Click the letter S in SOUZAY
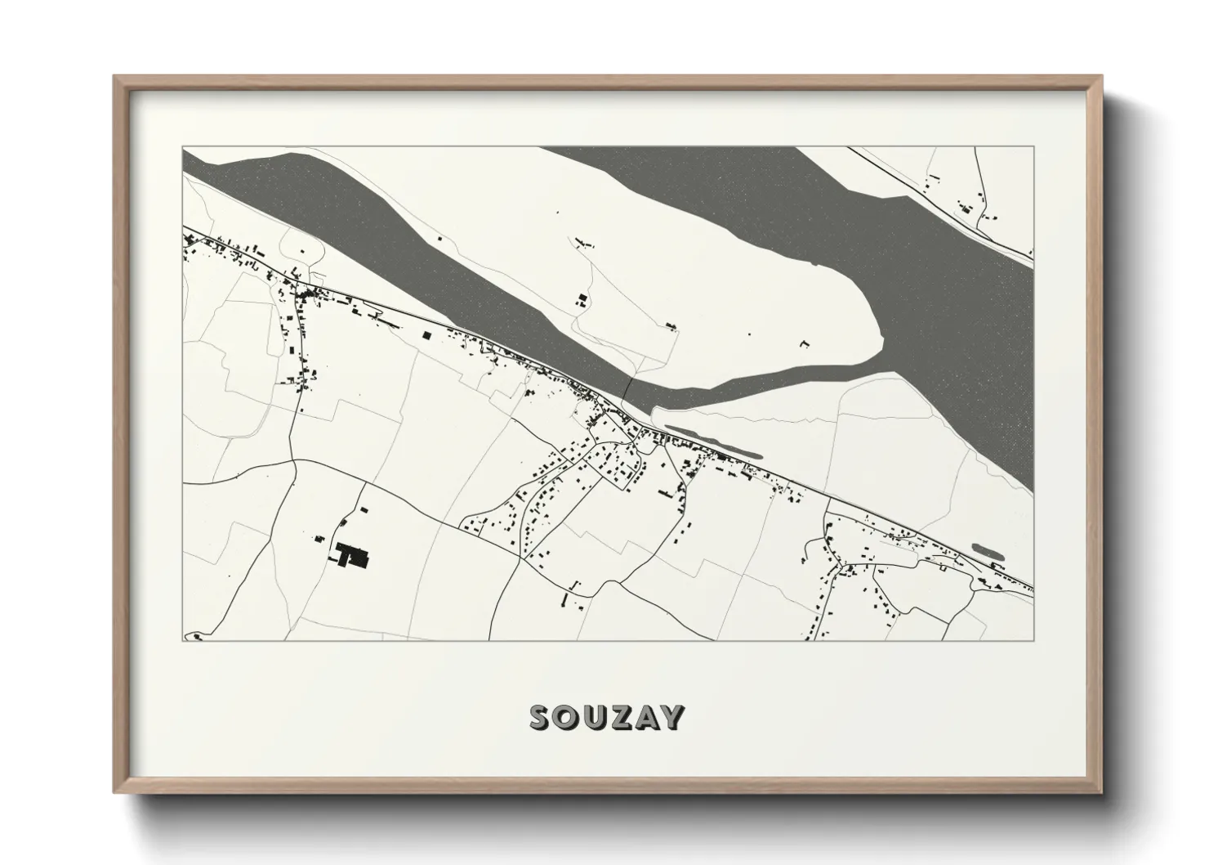tap(542, 717)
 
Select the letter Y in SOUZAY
tap(672, 717)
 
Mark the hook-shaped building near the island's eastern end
tap(803, 344)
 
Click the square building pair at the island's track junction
tap(582, 298)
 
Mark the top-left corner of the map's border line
tap(183, 147)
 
